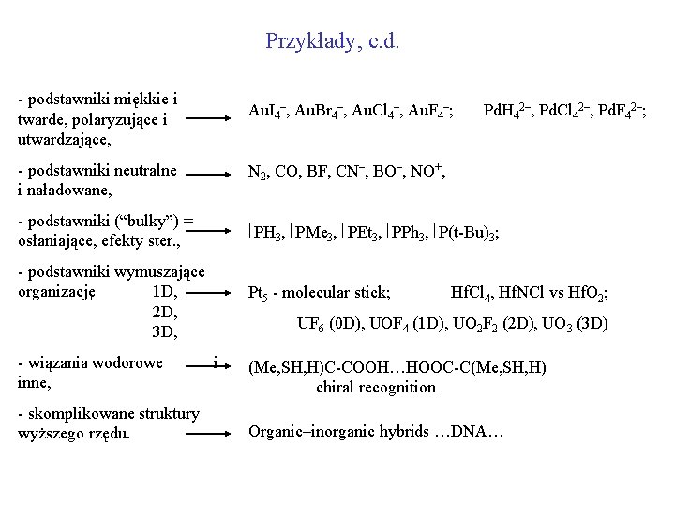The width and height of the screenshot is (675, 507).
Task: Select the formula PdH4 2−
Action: coord(506,113)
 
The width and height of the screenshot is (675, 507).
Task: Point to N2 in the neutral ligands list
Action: coord(258,173)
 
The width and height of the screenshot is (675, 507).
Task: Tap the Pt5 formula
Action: coord(258,294)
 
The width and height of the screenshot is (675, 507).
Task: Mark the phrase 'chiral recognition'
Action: coord(376,386)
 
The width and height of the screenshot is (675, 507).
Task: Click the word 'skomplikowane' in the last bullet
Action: coord(83,414)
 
